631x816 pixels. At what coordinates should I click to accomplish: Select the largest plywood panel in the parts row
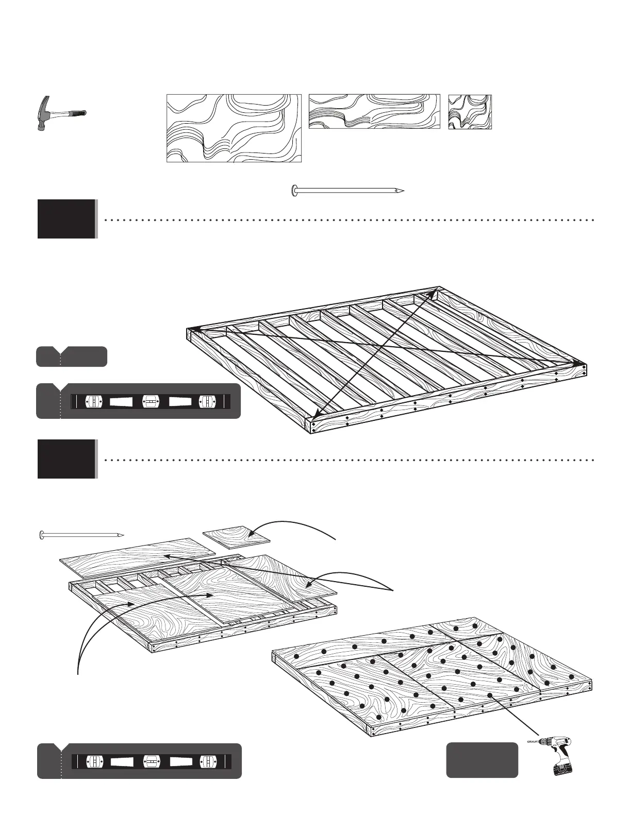click(x=234, y=128)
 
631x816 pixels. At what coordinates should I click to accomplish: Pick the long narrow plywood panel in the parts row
click(x=374, y=111)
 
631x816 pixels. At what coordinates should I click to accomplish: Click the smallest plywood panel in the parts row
click(x=470, y=112)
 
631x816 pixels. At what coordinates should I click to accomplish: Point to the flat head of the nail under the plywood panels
click(x=294, y=191)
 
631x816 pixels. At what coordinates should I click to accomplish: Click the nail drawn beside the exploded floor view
click(x=81, y=535)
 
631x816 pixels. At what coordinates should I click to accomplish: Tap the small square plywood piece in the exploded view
click(x=237, y=537)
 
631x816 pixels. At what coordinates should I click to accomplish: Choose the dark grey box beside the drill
click(x=482, y=759)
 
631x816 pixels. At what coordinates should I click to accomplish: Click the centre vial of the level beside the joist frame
click(x=149, y=401)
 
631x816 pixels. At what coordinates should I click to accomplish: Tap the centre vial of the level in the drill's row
click(x=151, y=761)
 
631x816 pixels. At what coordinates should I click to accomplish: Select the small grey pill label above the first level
click(x=72, y=356)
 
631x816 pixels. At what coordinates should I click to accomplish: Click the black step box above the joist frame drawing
click(x=67, y=219)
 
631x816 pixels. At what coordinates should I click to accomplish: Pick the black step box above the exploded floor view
click(x=67, y=458)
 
